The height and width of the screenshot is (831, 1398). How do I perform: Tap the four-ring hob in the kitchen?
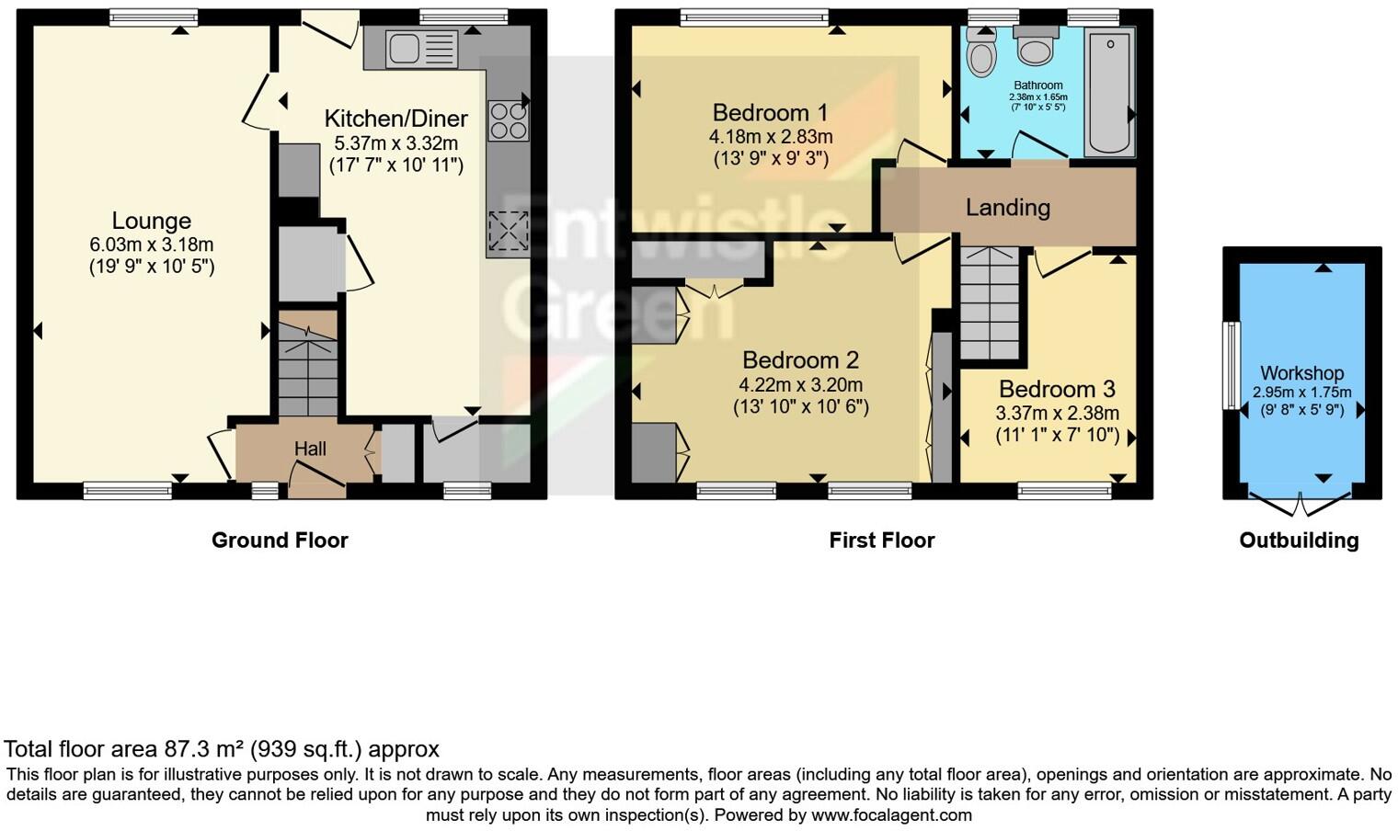point(507,120)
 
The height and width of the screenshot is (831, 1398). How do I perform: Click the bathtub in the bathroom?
point(1110,92)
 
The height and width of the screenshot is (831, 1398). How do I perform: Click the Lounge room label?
point(152,221)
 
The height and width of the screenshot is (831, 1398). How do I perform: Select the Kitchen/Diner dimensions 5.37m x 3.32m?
point(395,143)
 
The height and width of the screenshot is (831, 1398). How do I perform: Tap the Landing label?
point(1007,208)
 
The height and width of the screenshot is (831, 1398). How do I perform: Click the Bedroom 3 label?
point(1057,389)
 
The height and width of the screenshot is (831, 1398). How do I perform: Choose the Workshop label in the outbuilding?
point(1301,373)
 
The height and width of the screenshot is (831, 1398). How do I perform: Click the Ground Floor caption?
point(280,541)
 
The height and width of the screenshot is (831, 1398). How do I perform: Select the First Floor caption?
point(881,541)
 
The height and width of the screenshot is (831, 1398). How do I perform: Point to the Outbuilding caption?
point(1299,541)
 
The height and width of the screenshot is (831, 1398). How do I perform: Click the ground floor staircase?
point(308,368)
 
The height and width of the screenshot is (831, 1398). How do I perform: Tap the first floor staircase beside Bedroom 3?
point(990,303)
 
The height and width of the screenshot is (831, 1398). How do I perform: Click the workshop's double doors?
point(1301,505)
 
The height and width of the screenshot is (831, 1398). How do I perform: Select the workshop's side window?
point(1230,365)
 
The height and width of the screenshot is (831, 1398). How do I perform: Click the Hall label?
point(310,449)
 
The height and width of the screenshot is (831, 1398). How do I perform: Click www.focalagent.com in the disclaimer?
point(890,815)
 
